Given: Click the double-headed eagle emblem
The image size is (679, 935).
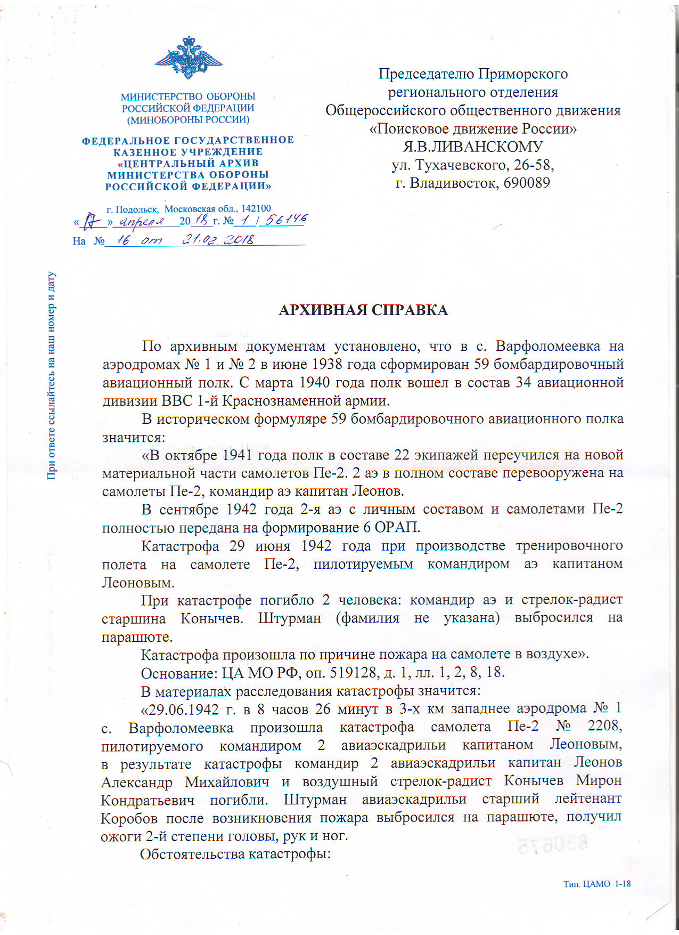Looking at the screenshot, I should pos(188,58).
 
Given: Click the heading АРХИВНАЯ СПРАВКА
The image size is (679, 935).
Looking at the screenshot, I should pos(363,310).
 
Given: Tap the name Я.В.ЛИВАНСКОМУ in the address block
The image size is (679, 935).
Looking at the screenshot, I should pos(472,147).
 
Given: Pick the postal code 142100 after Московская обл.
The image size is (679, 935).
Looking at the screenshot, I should pos(256,208).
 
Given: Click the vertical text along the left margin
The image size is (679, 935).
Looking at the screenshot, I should pos(51,375).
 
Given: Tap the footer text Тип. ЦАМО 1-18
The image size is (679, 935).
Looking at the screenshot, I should pos(597,883).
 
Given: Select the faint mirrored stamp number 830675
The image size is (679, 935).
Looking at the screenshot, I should pos(552,845).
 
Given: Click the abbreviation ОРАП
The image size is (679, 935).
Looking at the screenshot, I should pos(397,527).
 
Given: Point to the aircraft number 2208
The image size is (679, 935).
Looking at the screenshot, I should pos(604,726).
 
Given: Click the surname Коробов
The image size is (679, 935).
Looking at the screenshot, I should pos(129,818).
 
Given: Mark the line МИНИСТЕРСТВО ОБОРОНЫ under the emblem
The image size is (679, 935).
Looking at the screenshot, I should pos(188,96).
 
